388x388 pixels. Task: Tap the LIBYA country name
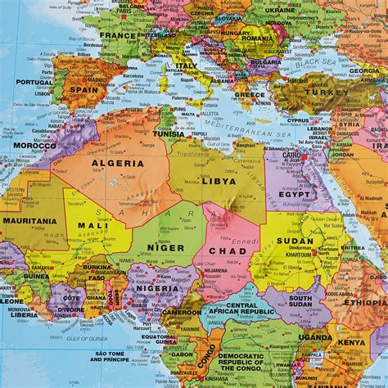[x=219, y=181]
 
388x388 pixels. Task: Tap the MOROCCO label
[x=34, y=146]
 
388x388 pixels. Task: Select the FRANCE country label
[x=120, y=36]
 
